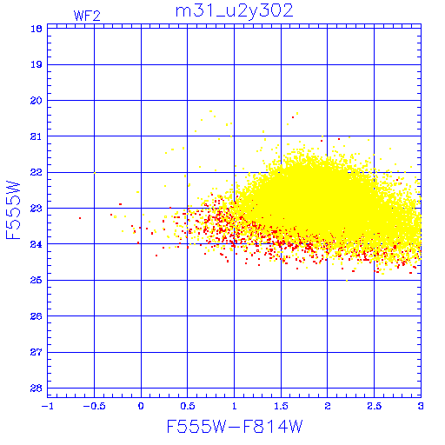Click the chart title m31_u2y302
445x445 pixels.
(235, 11)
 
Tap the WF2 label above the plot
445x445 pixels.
(87, 16)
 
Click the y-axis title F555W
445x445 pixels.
(13, 210)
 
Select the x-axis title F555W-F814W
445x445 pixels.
(235, 427)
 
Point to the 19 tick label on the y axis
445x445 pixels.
(37, 64)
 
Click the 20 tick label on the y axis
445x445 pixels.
(37, 101)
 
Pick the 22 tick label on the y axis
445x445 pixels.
(37, 172)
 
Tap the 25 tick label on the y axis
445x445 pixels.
(37, 280)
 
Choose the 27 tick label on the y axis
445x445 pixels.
(37, 352)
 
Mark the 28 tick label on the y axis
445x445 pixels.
(37, 389)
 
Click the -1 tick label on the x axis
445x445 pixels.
(48, 406)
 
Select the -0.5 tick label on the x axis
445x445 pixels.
(95, 406)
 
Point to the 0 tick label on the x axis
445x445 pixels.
(141, 406)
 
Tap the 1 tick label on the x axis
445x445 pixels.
(234, 406)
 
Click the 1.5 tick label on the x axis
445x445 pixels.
(281, 406)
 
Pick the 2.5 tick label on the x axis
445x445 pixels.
(375, 406)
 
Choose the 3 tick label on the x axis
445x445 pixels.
(421, 406)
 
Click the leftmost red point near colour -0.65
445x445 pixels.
(80, 218)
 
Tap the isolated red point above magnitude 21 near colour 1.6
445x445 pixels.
(293, 117)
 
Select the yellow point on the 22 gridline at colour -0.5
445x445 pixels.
(95, 173)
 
